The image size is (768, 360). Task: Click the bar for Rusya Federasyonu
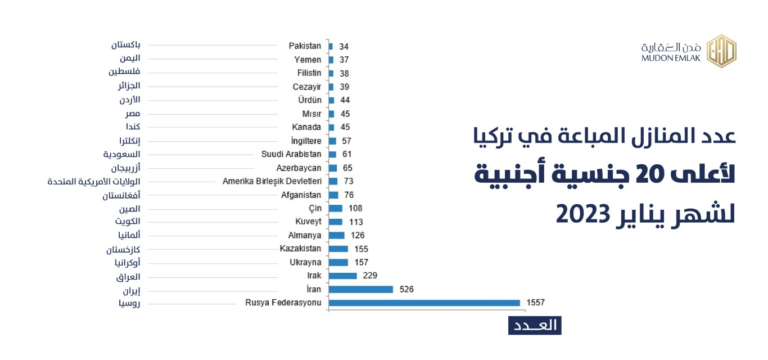point(424,303)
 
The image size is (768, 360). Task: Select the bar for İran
point(360,289)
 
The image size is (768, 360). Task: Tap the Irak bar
point(342,276)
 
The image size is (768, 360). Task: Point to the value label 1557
point(535,303)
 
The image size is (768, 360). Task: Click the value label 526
point(406,289)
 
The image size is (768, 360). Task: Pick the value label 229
point(370,276)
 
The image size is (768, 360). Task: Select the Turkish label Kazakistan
point(300,249)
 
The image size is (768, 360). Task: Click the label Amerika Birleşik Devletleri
point(272,181)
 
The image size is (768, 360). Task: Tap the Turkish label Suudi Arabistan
point(291,154)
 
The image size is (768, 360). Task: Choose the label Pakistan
point(305,46)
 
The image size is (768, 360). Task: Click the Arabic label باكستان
point(126,44)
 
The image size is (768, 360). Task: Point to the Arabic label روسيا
point(129,304)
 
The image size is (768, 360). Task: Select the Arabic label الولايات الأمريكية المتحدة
point(94,181)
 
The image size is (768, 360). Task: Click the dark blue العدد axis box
point(535,325)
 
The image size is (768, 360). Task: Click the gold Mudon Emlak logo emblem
point(721,51)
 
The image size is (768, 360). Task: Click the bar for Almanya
point(336,235)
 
